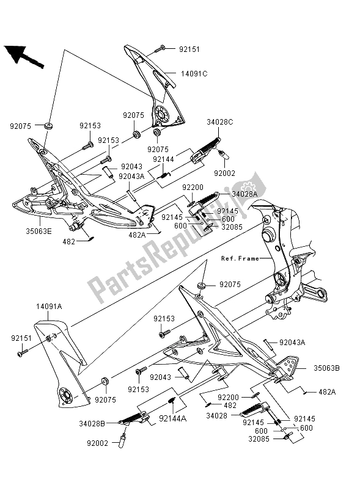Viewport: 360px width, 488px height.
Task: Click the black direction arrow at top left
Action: point(23,56)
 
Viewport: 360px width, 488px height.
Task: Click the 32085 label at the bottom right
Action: point(260,437)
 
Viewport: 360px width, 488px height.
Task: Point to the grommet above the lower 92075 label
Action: point(104,382)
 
